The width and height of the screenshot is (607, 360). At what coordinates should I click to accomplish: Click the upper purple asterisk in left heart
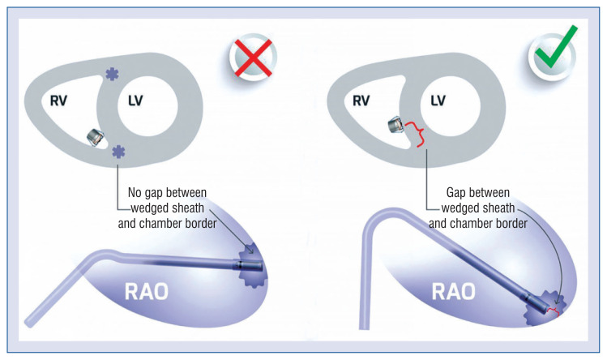[112, 74]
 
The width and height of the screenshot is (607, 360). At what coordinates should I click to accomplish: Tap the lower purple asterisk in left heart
[118, 150]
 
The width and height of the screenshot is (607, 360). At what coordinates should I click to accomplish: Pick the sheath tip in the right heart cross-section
[395, 125]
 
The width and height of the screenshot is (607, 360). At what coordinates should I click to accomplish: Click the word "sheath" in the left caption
[190, 208]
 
